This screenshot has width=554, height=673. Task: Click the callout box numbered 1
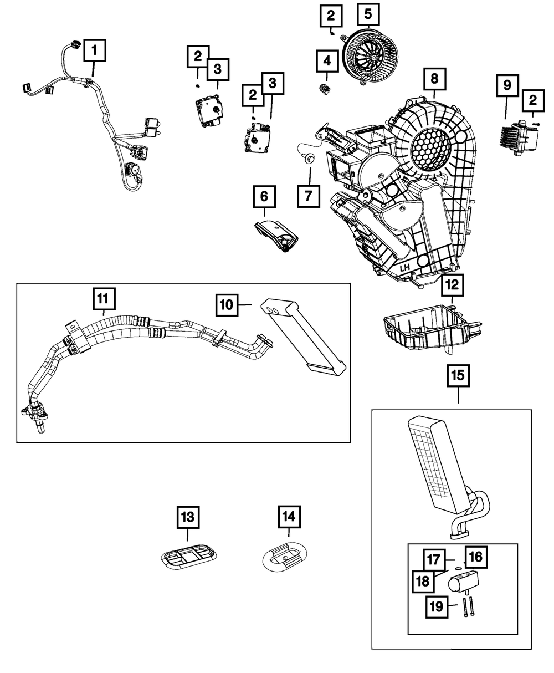(95, 50)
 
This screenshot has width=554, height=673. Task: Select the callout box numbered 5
(368, 14)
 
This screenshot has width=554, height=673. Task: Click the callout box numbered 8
(434, 79)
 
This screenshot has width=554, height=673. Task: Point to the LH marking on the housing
(404, 268)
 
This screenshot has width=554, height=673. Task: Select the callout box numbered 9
(507, 85)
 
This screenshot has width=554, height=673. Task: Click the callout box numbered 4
(327, 60)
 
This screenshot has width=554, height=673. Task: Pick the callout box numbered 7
(309, 196)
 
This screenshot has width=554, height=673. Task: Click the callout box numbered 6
(264, 197)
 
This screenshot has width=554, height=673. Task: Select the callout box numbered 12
(452, 285)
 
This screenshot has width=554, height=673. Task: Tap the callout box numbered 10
(227, 305)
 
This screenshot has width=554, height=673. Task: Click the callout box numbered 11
(104, 299)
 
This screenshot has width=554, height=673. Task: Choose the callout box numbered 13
(188, 517)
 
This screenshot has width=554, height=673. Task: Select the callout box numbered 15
(458, 376)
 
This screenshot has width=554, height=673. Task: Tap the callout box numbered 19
(437, 607)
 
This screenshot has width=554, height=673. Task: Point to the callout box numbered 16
(476, 557)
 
